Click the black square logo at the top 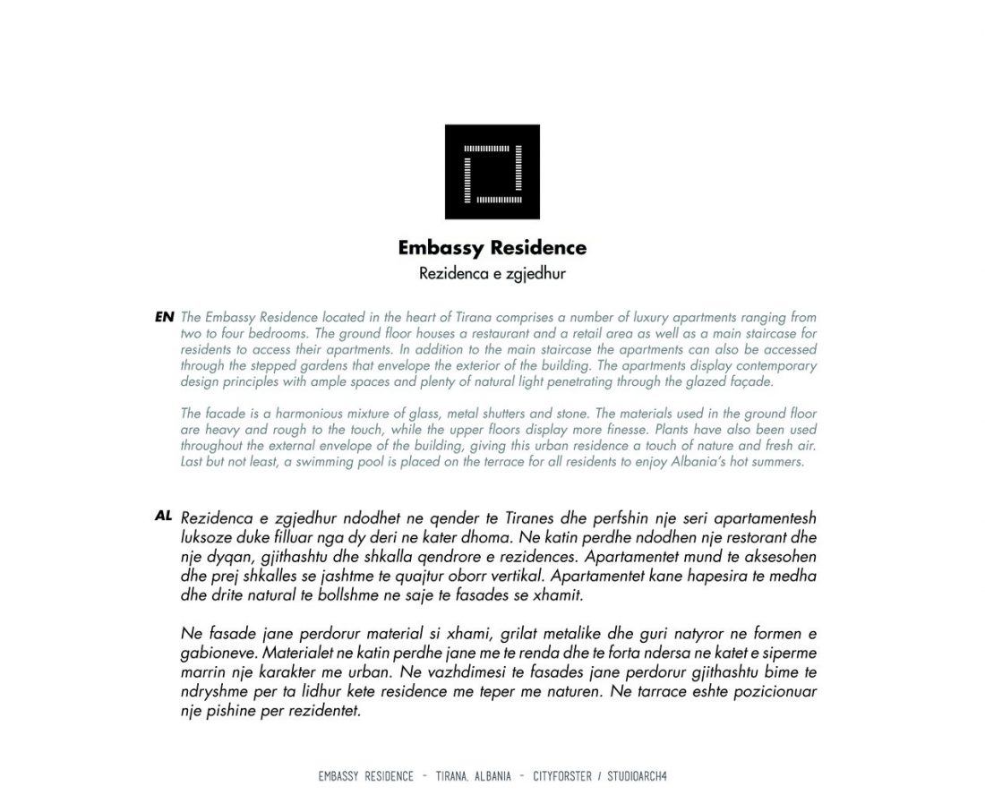(492, 171)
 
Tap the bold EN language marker (164, 317)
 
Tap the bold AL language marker (163, 516)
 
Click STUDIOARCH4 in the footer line (637, 776)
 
